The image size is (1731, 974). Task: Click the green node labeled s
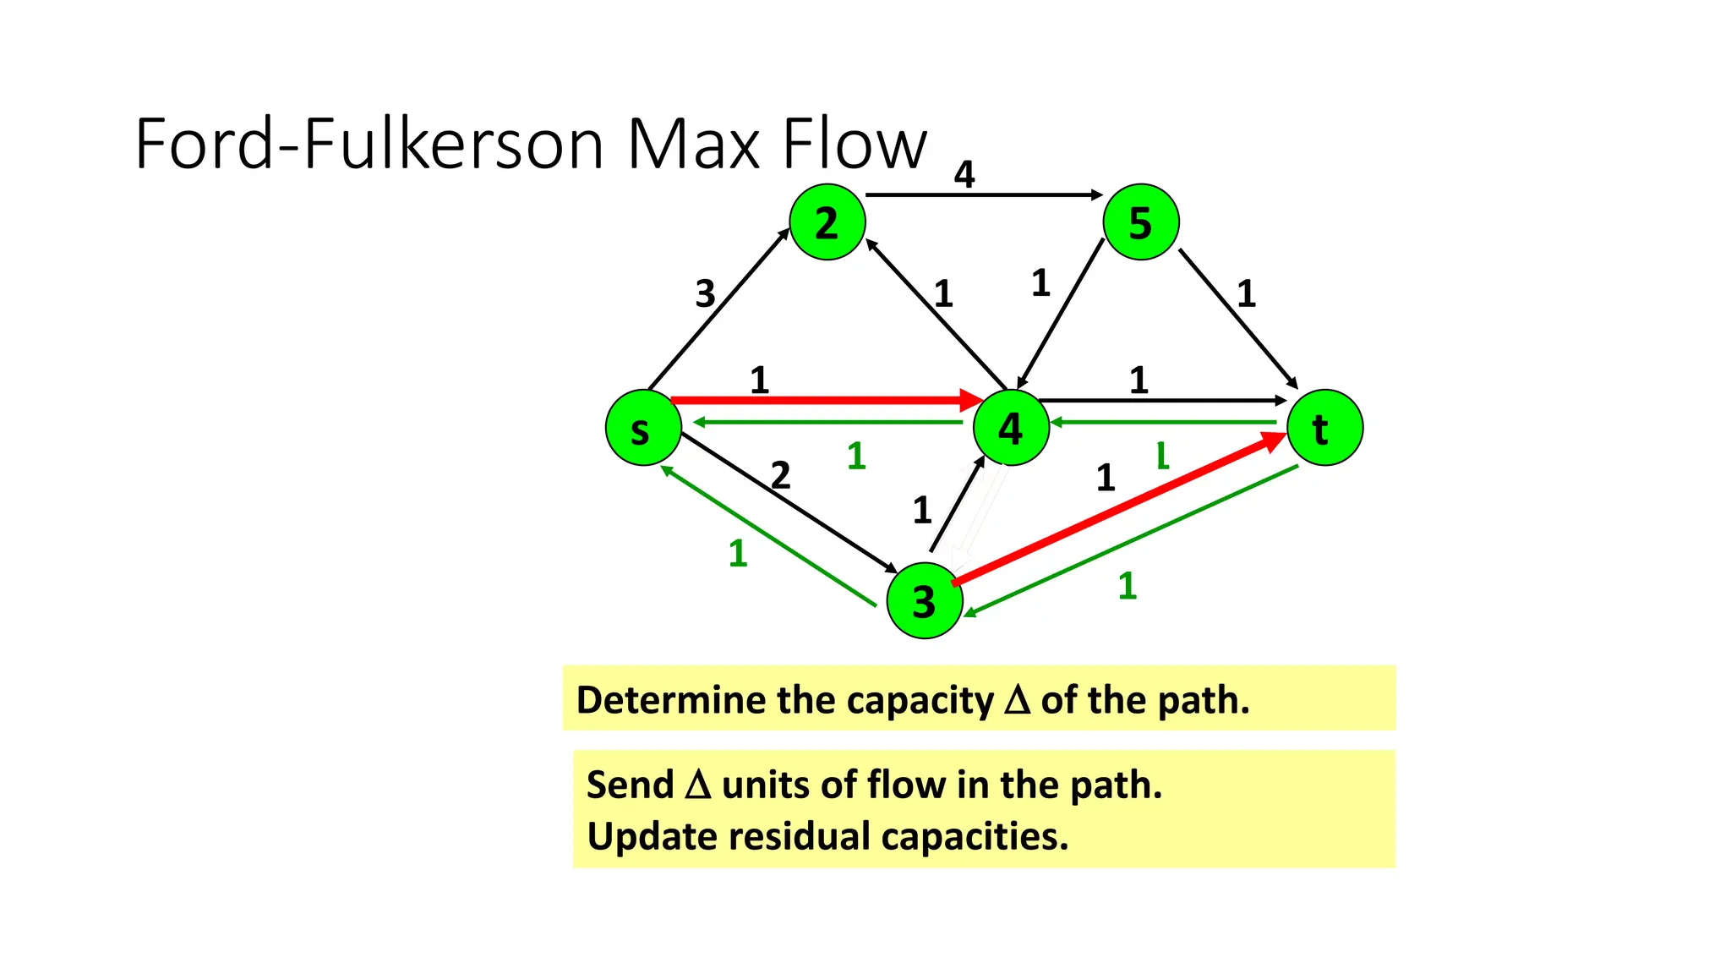pos(643,428)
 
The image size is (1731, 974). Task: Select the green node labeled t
pos(1324,428)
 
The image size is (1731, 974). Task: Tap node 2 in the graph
pos(827,222)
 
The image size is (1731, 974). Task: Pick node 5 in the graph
pos(1141,222)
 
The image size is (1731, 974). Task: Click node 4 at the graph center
pos(1011,428)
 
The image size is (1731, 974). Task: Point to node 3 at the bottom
pos(925,600)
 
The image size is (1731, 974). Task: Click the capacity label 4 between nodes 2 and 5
pos(964,174)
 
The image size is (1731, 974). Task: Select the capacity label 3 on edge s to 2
pos(705,293)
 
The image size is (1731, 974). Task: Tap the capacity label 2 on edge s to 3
pos(780,475)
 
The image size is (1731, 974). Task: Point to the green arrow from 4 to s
pos(828,422)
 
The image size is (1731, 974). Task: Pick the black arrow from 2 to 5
pos(985,195)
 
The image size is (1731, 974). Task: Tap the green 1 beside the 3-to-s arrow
pos(738,554)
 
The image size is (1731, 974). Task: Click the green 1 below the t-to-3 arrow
pos(1127,586)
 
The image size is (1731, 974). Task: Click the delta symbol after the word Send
pos(698,785)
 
